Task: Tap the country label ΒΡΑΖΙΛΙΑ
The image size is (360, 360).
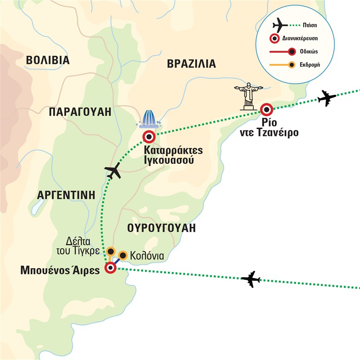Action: (x=191, y=63)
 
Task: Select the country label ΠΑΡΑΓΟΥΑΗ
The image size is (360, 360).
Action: (x=80, y=112)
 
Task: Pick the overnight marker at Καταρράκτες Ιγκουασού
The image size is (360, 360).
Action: (x=149, y=137)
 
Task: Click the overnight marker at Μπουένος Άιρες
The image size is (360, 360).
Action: (x=110, y=268)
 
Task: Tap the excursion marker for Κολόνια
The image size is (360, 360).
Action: (x=122, y=256)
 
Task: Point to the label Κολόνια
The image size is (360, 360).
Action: (x=146, y=256)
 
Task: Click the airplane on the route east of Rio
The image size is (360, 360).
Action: (x=327, y=98)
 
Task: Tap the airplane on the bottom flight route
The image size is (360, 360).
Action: (x=251, y=279)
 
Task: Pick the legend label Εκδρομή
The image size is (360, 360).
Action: (x=308, y=66)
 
